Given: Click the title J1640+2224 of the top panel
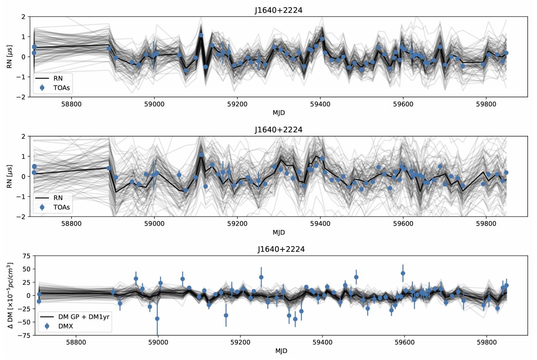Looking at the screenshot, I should coord(278,10).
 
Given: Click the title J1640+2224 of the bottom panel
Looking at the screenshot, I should coord(281,249).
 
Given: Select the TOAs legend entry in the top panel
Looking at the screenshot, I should coord(61,88).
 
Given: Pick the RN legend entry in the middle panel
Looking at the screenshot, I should coord(58,198).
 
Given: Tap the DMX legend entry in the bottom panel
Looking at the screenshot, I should coord(66,326).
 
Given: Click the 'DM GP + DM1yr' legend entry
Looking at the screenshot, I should coord(84,317).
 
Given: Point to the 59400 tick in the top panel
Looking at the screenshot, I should coord(320,104).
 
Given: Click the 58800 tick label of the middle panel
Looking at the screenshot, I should coord(71,223).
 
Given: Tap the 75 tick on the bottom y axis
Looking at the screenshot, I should coord(26,256).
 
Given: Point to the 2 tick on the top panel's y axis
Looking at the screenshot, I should coord(23,17).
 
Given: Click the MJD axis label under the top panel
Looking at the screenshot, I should coord(279,113).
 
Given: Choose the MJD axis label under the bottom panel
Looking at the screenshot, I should coord(281,351).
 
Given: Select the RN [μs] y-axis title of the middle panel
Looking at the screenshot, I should coord(10,176).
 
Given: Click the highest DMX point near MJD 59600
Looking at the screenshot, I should coord(403,273).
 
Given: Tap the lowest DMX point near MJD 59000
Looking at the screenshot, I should coord(157,319).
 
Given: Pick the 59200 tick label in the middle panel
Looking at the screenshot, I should coord(237,223).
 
